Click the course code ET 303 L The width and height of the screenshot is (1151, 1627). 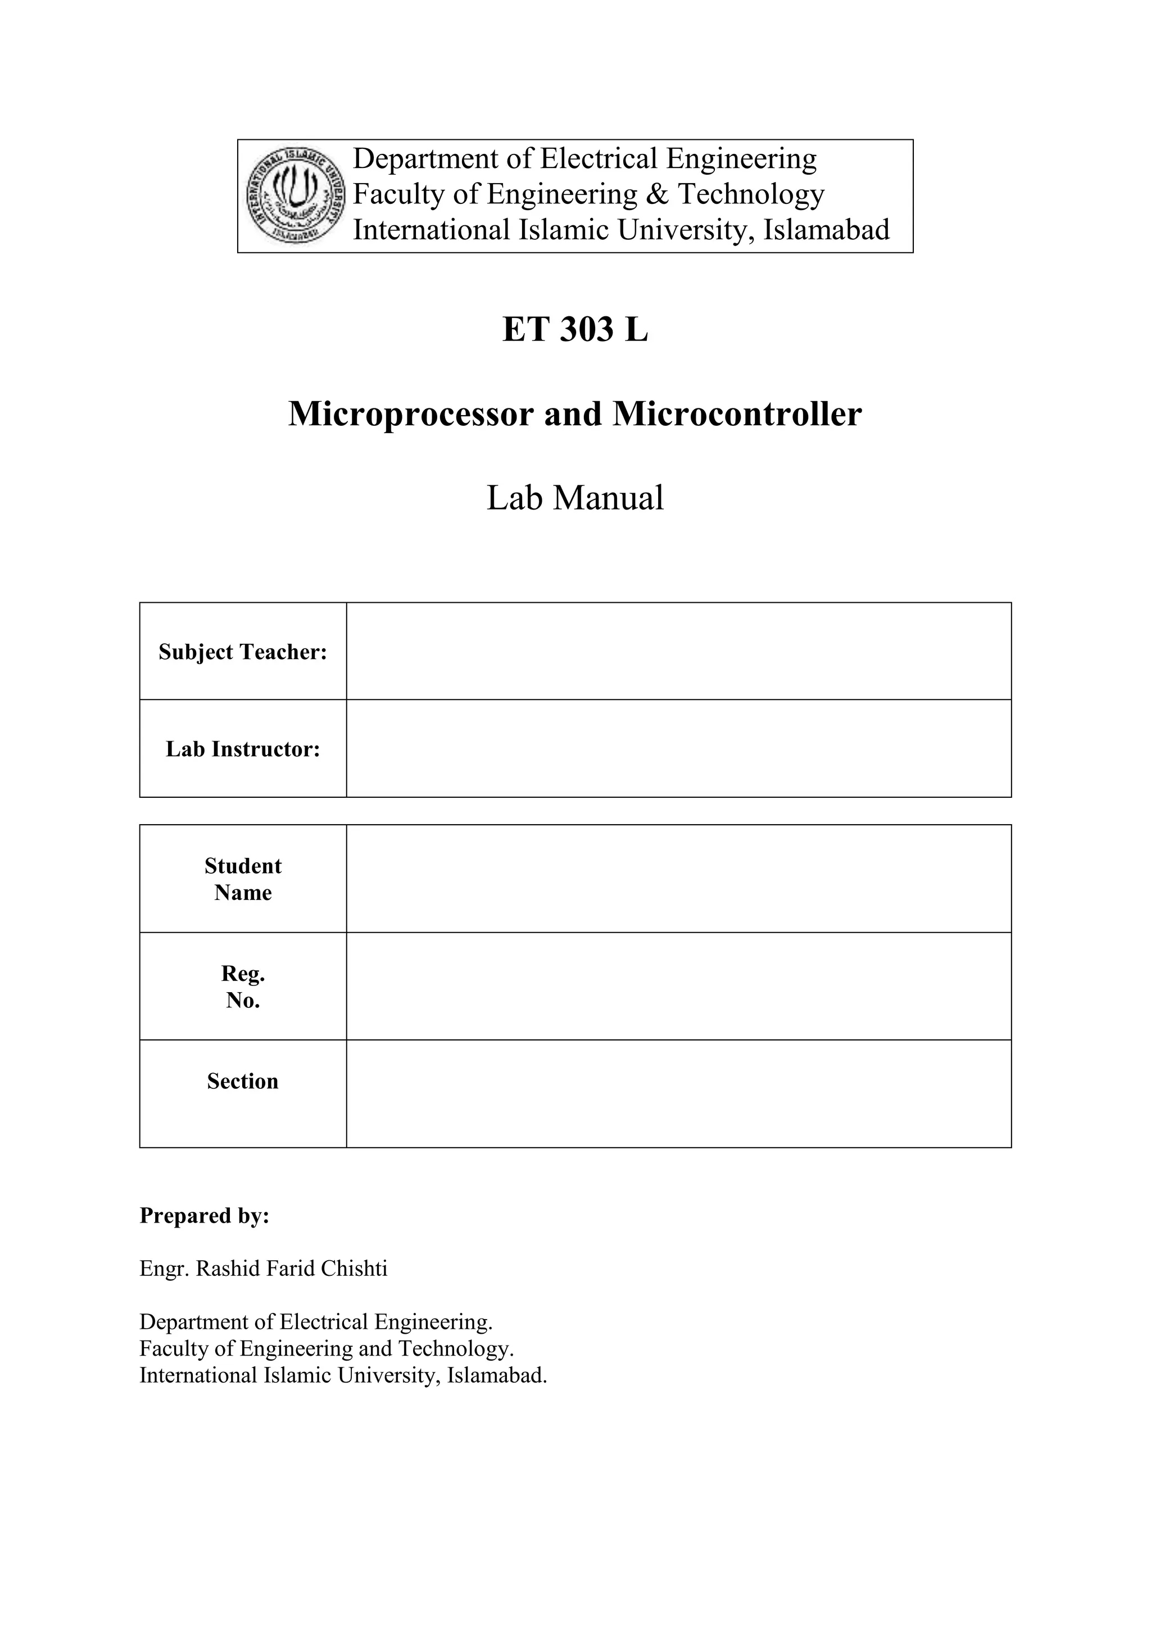pos(575,330)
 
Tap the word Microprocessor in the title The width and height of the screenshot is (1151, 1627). pos(410,414)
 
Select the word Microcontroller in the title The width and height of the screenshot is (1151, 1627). pos(737,414)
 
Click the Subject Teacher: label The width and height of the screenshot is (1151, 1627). pos(242,652)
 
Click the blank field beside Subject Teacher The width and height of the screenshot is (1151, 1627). pos(678,651)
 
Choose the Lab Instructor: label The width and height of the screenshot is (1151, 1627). pos(242,749)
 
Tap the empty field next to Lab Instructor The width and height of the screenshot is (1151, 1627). pos(678,748)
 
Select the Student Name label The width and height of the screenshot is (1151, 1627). pos(242,879)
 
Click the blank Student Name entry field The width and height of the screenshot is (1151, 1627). pos(678,879)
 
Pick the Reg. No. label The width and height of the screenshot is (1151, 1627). pos(242,987)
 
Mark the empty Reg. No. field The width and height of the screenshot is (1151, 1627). pos(678,987)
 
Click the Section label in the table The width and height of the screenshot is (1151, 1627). pos(242,1081)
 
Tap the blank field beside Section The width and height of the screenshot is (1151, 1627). pos(678,1094)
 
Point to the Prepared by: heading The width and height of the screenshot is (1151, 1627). pos(204,1215)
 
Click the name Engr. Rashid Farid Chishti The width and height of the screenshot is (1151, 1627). pos(263,1268)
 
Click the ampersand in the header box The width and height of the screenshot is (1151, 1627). pos(657,194)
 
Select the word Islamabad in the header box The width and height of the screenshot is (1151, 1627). pos(826,230)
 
